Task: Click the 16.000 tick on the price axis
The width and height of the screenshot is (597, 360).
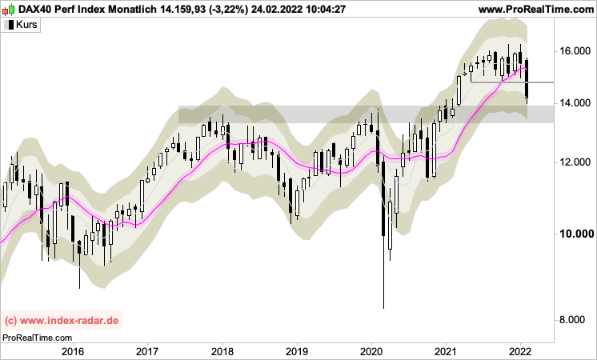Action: click(575, 51)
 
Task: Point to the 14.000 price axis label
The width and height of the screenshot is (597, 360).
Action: click(575, 103)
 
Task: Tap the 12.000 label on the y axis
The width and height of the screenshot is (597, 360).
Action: click(575, 162)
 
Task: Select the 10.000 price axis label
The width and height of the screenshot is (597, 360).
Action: click(575, 234)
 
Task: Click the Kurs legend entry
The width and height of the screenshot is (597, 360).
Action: click(26, 25)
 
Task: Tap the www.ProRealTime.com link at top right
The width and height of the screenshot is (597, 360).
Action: click(535, 9)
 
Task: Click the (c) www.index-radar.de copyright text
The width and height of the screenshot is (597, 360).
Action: click(62, 321)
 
